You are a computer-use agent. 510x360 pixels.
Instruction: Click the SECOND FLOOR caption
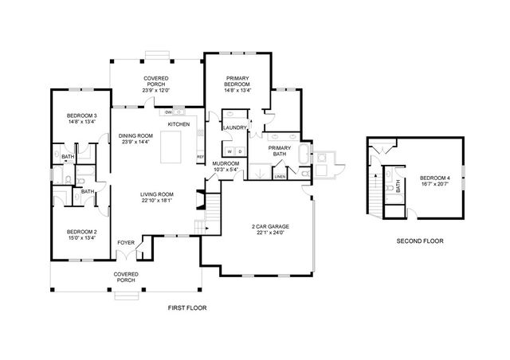[419, 240]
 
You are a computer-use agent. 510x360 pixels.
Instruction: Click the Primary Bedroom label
[237, 81]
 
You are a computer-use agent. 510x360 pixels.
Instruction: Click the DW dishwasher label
[169, 112]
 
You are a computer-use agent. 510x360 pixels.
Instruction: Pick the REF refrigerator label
[200, 156]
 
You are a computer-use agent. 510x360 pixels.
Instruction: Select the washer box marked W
[229, 151]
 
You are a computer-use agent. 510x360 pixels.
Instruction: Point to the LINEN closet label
[280, 177]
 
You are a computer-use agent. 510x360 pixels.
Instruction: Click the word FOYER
[126, 242]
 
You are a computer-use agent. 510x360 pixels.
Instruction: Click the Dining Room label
[135, 136]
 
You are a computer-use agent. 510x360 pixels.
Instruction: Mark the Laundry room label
[234, 127]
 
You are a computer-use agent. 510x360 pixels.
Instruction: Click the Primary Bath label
[279, 151]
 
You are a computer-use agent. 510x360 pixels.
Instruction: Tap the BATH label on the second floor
[396, 186]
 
